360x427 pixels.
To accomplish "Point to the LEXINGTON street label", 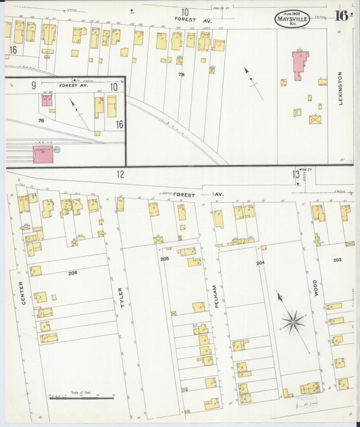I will point(340,88).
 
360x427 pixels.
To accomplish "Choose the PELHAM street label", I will point(211,295).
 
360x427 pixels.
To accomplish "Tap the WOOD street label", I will point(315,288).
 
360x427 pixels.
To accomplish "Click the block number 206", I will point(72,272).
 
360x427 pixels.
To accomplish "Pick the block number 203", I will point(338,259).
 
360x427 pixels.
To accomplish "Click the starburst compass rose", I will point(293,322).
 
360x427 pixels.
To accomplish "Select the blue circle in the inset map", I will point(57,149).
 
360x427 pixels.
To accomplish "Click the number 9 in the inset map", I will point(33,86).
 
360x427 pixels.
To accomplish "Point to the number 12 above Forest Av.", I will point(120,174).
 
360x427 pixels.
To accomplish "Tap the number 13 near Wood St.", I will point(295,174).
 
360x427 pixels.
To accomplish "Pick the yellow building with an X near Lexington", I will point(315,120).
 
